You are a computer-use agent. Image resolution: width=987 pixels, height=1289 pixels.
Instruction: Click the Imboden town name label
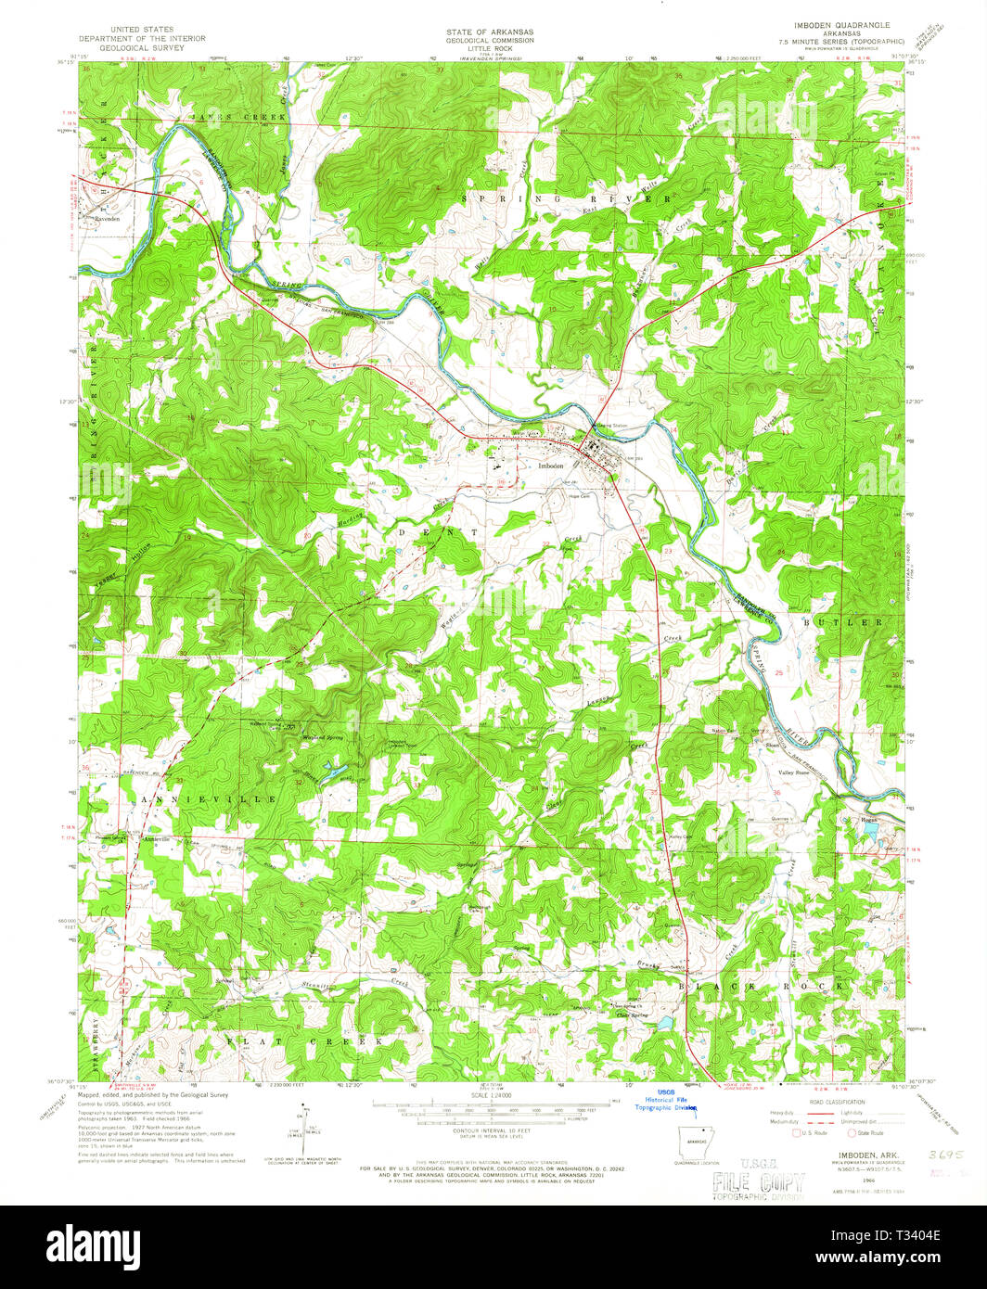point(551,466)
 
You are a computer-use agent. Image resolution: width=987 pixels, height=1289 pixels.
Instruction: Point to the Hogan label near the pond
point(869,820)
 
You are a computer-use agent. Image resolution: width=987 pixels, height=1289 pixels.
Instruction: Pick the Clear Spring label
point(632,1015)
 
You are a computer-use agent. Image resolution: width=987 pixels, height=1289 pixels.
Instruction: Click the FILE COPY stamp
point(758,1182)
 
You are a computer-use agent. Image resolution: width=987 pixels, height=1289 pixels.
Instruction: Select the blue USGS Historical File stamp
point(664,1100)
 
